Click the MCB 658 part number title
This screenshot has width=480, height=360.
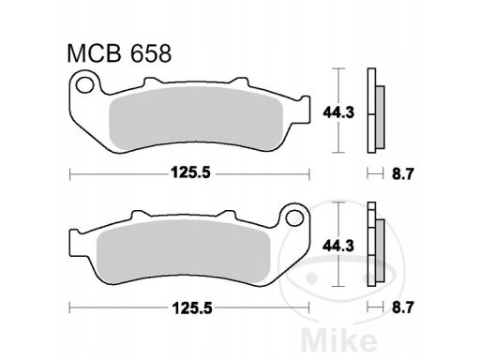[119, 53]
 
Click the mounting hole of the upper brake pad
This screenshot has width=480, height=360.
[85, 84]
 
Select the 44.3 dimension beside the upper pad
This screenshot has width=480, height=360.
[338, 112]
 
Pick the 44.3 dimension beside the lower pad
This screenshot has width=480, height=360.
[338, 247]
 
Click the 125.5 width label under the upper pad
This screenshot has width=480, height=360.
[191, 172]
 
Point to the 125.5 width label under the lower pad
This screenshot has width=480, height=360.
[191, 308]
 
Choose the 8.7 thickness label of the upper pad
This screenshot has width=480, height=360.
[403, 173]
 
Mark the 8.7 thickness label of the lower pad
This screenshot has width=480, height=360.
[403, 307]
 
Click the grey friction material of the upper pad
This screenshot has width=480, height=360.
[196, 118]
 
